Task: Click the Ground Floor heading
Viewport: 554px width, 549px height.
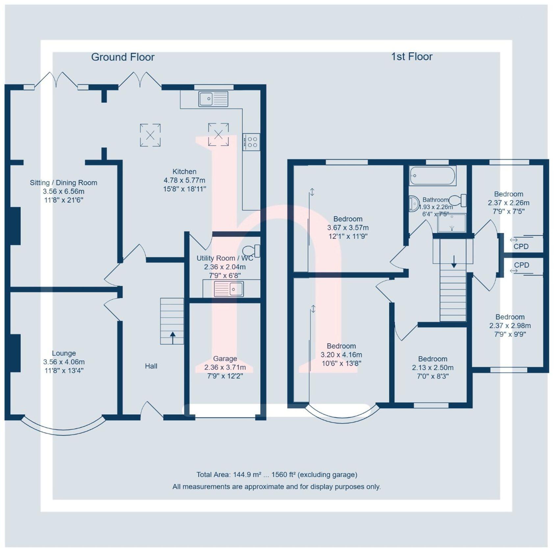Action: click(x=123, y=57)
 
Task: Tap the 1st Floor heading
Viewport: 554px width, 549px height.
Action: click(x=412, y=57)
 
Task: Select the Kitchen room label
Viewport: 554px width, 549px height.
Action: click(x=184, y=171)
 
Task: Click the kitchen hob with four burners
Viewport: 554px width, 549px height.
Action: click(x=251, y=142)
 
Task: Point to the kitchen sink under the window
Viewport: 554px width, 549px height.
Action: click(x=213, y=98)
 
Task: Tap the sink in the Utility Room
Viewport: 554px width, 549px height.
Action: click(x=229, y=289)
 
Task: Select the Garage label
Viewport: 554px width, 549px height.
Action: click(x=225, y=358)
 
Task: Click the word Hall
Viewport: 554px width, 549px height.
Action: click(x=151, y=366)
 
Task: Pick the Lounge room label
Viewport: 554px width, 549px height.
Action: click(x=64, y=353)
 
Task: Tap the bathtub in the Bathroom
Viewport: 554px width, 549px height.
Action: click(x=432, y=175)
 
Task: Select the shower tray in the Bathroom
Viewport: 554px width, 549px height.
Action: click(x=452, y=223)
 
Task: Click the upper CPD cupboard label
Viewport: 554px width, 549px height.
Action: click(x=521, y=247)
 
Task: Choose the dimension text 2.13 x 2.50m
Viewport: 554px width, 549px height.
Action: click(x=433, y=368)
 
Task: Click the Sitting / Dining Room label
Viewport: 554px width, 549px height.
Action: click(x=63, y=183)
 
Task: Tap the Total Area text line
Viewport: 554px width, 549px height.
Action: click(x=276, y=475)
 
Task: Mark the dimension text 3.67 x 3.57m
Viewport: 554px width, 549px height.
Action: click(x=348, y=227)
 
